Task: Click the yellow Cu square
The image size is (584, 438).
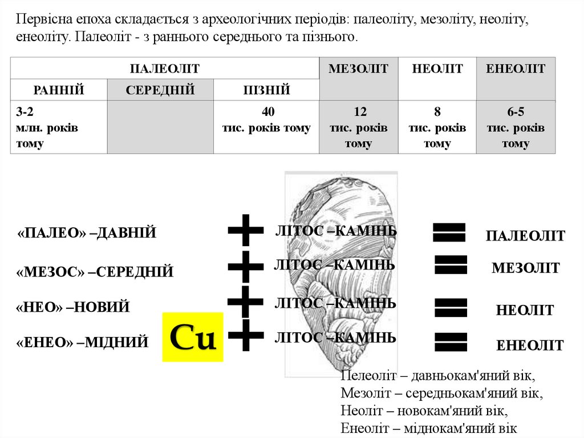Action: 193,337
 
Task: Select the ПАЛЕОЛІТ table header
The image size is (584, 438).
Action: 165,69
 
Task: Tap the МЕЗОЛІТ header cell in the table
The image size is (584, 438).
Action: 358,69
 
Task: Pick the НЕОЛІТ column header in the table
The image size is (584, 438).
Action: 437,69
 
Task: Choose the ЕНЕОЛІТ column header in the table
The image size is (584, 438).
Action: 516,69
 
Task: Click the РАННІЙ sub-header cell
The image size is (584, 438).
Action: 59,90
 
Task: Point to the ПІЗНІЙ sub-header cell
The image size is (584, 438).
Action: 266,90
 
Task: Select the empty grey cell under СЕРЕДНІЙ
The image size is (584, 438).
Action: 160,127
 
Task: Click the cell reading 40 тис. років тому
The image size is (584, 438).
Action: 266,127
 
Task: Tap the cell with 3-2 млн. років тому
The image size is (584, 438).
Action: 59,127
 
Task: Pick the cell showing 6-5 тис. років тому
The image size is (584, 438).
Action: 516,127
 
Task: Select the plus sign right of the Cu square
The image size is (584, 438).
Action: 245,335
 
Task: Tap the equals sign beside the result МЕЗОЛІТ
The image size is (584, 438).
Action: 451,264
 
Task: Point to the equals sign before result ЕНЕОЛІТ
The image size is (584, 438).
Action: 451,341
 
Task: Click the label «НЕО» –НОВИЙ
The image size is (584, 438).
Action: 73,307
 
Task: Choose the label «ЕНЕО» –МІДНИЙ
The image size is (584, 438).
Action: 83,342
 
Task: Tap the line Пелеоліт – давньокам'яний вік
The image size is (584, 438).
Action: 437,376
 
